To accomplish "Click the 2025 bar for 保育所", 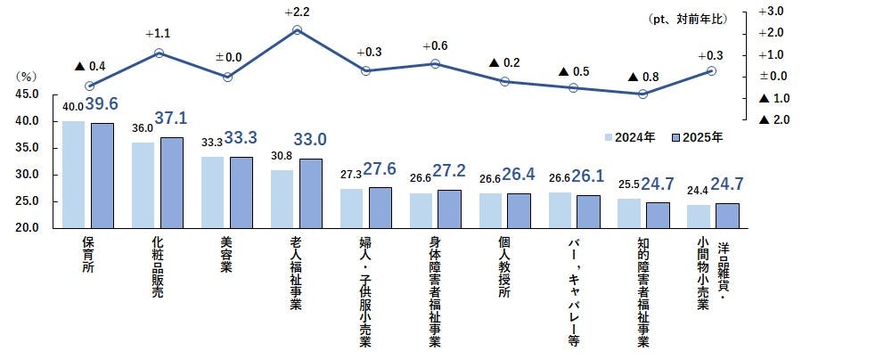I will (x=102, y=176).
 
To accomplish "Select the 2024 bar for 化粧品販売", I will (x=143, y=185).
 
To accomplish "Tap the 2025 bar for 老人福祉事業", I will (x=311, y=193).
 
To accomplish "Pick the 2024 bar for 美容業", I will (x=213, y=192).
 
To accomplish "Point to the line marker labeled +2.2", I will (x=298, y=30).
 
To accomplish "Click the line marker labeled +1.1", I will (x=158, y=53).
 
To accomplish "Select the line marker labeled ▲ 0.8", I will (x=642, y=94).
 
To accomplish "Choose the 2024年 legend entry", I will (x=631, y=137).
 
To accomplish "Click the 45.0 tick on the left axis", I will (x=27, y=94).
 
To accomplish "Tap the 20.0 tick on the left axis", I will (x=27, y=228).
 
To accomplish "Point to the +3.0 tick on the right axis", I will (x=770, y=11).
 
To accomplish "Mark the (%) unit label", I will (x=27, y=78).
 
